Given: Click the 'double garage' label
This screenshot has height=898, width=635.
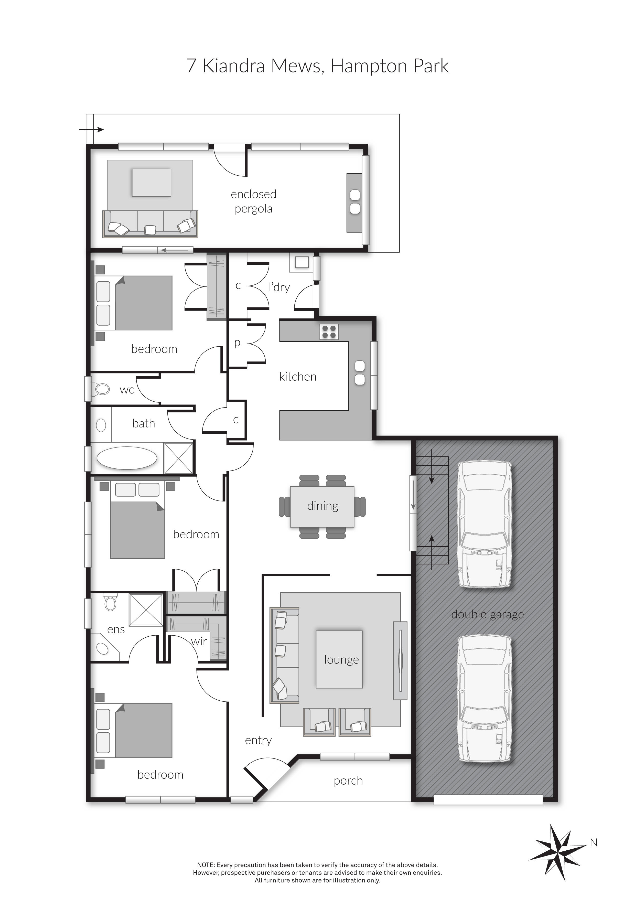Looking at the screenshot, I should [x=487, y=614].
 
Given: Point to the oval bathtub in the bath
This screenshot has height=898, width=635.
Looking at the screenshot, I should [x=127, y=458].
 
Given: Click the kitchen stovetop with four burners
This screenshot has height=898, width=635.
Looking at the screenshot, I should [x=329, y=332].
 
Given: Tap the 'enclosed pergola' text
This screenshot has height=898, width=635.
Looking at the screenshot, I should [x=253, y=201].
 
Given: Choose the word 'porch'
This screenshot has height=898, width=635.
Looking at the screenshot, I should [x=348, y=781].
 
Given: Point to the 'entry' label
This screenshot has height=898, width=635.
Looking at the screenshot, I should [x=258, y=740].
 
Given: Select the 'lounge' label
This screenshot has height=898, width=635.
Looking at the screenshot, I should [x=341, y=660].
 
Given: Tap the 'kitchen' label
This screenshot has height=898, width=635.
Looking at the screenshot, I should [x=298, y=377].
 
